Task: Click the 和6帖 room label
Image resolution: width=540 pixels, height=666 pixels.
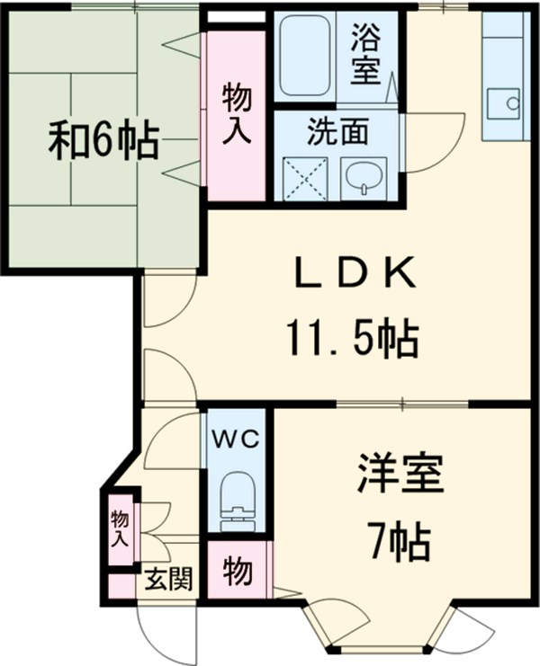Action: point(103,142)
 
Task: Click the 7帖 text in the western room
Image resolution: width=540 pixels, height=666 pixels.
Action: point(399,540)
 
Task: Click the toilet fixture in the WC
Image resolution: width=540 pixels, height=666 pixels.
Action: point(237,497)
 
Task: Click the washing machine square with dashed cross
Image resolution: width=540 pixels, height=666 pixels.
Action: point(306,177)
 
